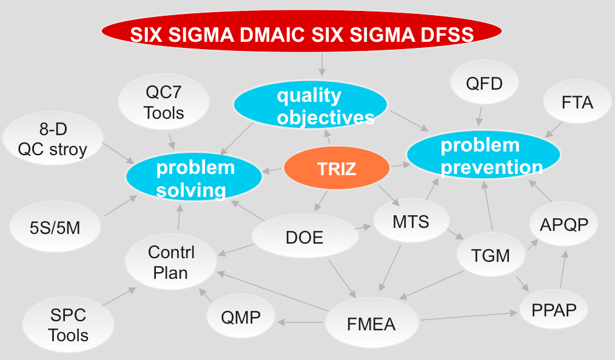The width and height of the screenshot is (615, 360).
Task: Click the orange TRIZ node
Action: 337,169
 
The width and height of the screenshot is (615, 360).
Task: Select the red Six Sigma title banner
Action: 301,33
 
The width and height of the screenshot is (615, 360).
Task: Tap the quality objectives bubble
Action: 310,106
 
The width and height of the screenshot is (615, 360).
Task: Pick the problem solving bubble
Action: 194,178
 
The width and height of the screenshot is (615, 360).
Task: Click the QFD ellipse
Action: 484,83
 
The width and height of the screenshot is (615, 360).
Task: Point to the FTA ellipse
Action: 576,102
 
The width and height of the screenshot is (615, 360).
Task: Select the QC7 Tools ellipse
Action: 164,102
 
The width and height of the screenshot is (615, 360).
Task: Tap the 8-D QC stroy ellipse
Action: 52,139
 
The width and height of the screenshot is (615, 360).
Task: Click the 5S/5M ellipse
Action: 54,228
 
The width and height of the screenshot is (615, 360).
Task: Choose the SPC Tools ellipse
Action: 68,325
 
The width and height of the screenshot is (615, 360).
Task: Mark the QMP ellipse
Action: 241,316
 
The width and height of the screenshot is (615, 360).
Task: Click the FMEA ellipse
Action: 371,324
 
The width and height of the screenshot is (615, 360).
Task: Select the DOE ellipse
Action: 304,237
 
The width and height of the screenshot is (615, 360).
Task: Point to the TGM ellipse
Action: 491,255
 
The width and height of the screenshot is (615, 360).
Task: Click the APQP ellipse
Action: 563,225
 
